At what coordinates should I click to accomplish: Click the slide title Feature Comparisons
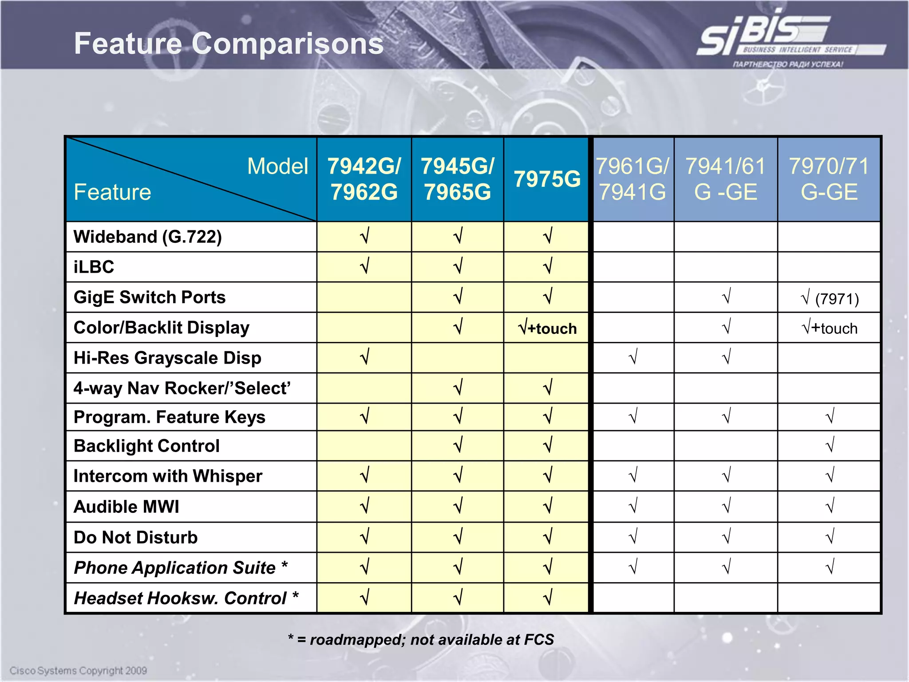pos(229,44)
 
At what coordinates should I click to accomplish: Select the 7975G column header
pos(547,179)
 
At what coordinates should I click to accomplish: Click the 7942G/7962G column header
pos(364,179)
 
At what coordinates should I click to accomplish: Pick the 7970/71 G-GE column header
pos(829,179)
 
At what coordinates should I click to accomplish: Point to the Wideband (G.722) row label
pos(148,237)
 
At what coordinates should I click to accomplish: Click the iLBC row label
pos(94,267)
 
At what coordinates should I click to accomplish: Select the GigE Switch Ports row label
pos(150,297)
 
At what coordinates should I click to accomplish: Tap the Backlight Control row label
pos(146,446)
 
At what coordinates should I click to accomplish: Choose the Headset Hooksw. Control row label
pos(186,598)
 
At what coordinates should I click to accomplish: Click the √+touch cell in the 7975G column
pos(547,328)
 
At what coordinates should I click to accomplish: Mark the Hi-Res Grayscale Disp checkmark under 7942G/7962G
pos(364,357)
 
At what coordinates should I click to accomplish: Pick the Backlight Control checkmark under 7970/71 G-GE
pos(830,445)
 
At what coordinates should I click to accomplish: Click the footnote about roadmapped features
pos(421,639)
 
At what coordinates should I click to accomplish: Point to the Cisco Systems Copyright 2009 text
pos(78,670)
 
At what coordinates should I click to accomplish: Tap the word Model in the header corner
pos(277,167)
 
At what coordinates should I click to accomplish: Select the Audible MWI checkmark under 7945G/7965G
pos(458,506)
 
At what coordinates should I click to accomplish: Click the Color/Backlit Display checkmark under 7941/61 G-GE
pos(727,328)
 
